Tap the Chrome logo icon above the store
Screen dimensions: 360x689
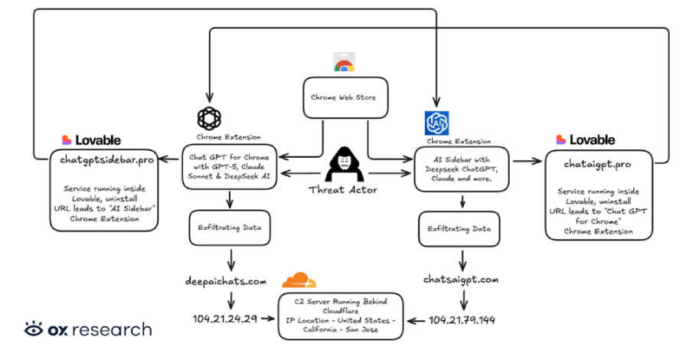coord(344,64)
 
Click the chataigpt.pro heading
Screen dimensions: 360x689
coord(598,164)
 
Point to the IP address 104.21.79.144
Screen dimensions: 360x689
coord(462,319)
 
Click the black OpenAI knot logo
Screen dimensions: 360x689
coord(209,118)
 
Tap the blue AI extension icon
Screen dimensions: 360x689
coord(436,123)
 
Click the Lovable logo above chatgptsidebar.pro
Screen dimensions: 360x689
coord(91,140)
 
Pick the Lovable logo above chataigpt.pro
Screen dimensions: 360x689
coord(586,140)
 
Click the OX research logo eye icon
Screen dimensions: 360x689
coord(33,329)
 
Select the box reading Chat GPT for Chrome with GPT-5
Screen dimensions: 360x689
coord(230,166)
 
